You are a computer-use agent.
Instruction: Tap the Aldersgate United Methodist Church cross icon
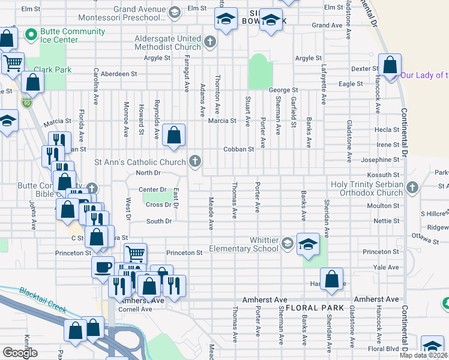click(209, 42)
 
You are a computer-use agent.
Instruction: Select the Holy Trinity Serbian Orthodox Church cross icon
click(412, 188)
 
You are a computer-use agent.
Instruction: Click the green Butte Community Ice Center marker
click(28, 36)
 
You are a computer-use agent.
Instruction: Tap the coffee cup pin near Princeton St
click(103, 266)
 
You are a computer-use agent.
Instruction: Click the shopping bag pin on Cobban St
click(174, 136)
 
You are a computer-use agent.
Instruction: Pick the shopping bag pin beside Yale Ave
click(331, 279)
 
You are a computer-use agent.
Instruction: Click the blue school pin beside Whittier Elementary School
click(308, 244)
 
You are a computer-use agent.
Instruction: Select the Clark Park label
click(53, 70)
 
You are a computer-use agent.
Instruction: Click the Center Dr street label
click(152, 190)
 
